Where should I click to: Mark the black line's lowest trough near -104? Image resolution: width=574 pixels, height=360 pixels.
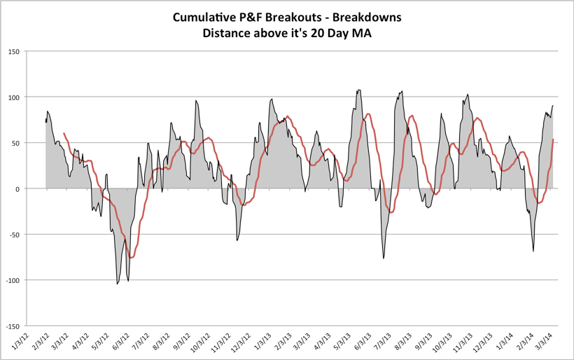[x=118, y=284]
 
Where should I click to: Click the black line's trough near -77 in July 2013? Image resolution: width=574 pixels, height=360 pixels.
[x=384, y=258]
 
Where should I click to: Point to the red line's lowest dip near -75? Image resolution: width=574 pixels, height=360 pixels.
[x=130, y=258]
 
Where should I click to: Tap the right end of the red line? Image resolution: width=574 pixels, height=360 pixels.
[x=553, y=139]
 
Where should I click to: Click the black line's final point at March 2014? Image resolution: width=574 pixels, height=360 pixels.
[x=553, y=106]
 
